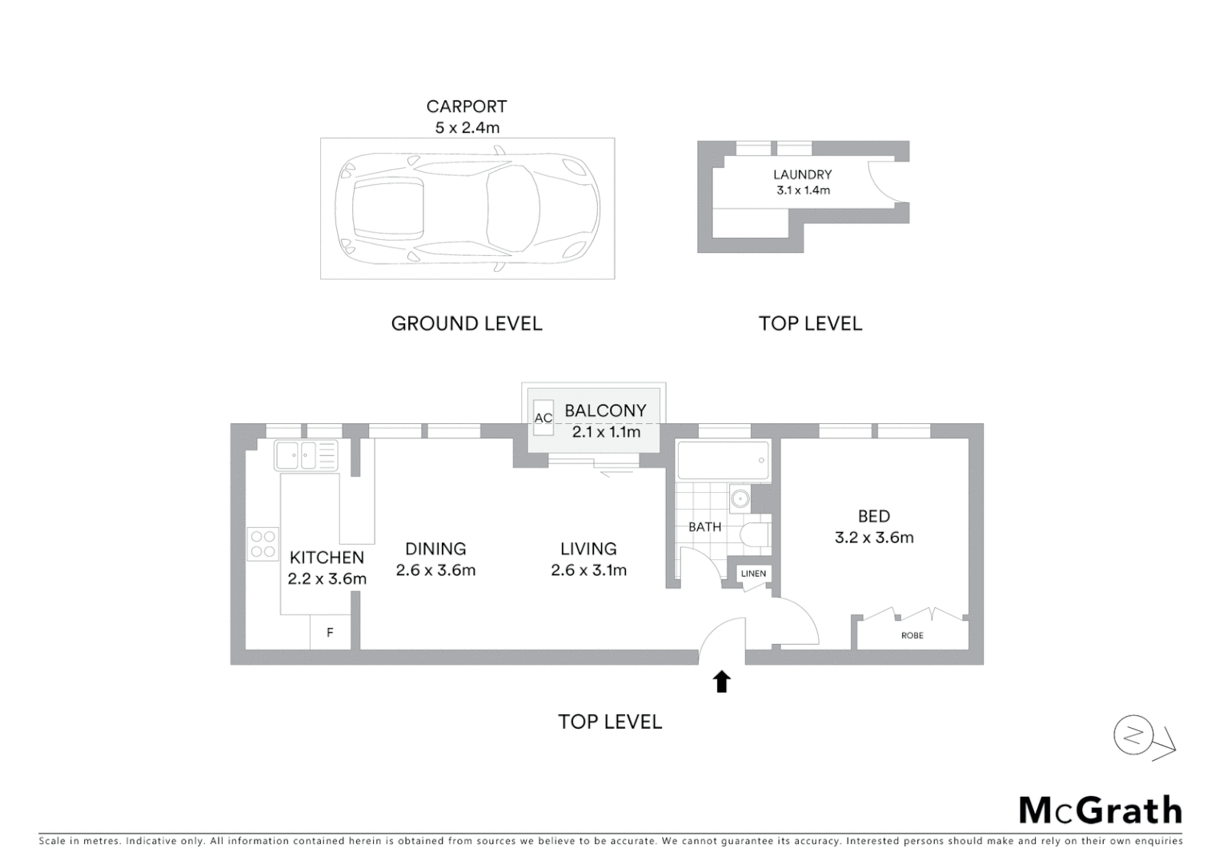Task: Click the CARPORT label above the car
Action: [x=467, y=106]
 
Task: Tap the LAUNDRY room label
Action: [x=802, y=174]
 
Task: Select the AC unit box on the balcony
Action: [x=543, y=417]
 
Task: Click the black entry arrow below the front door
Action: [x=722, y=682]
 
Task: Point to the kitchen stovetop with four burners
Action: [x=263, y=544]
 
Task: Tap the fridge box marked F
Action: [x=330, y=633]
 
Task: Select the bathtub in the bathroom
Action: [x=723, y=461]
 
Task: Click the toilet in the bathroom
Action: [x=755, y=534]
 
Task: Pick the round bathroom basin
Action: [x=740, y=499]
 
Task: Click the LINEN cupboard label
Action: [x=753, y=574]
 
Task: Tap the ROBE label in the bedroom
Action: [x=912, y=635]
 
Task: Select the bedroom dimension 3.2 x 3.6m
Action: [x=874, y=538]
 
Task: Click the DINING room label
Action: [x=435, y=549]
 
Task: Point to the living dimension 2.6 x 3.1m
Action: [x=588, y=570]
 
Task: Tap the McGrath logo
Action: [x=1101, y=810]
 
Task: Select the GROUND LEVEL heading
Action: [x=467, y=323]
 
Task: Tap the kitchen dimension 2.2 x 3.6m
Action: [x=327, y=578]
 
